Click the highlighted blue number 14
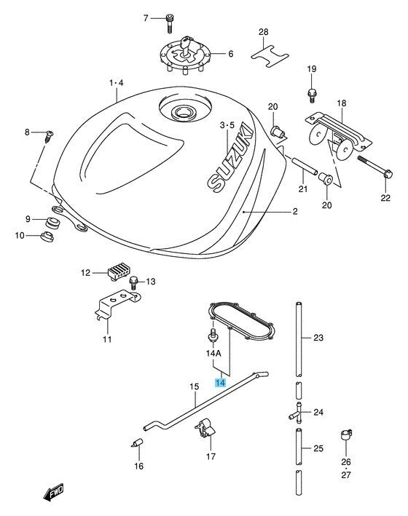220,383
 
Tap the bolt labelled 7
169,23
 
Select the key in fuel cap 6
185,46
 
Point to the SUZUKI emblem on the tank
232,157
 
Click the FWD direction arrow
53,493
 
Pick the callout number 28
263,32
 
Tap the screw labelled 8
49,136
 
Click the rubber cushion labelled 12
118,271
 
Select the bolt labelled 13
133,283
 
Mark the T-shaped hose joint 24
297,413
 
